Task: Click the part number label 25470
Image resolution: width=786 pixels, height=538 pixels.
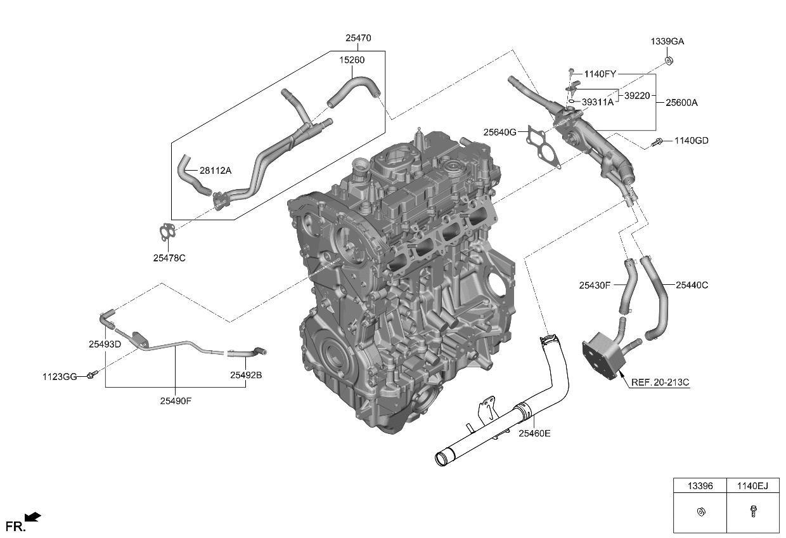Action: coord(358,38)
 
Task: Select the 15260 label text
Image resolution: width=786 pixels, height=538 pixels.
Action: coord(351,60)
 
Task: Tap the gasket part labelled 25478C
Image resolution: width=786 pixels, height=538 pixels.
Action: coord(166,233)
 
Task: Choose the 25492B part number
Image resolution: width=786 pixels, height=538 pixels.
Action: coord(245,375)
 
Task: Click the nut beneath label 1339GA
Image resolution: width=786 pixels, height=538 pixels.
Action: coord(669,61)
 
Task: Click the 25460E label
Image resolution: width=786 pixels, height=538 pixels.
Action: coord(534,433)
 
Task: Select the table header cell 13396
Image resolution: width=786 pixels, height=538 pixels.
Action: coord(700,487)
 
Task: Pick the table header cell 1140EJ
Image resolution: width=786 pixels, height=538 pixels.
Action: coord(753,487)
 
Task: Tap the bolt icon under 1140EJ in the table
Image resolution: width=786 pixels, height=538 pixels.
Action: coord(753,512)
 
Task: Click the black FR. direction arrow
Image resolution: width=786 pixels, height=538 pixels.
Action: coord(33,517)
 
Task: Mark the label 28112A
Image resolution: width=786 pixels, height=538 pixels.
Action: coord(216,171)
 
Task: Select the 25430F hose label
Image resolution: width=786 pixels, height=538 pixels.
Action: coord(594,285)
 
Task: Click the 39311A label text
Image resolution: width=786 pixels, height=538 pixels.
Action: coord(597,101)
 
